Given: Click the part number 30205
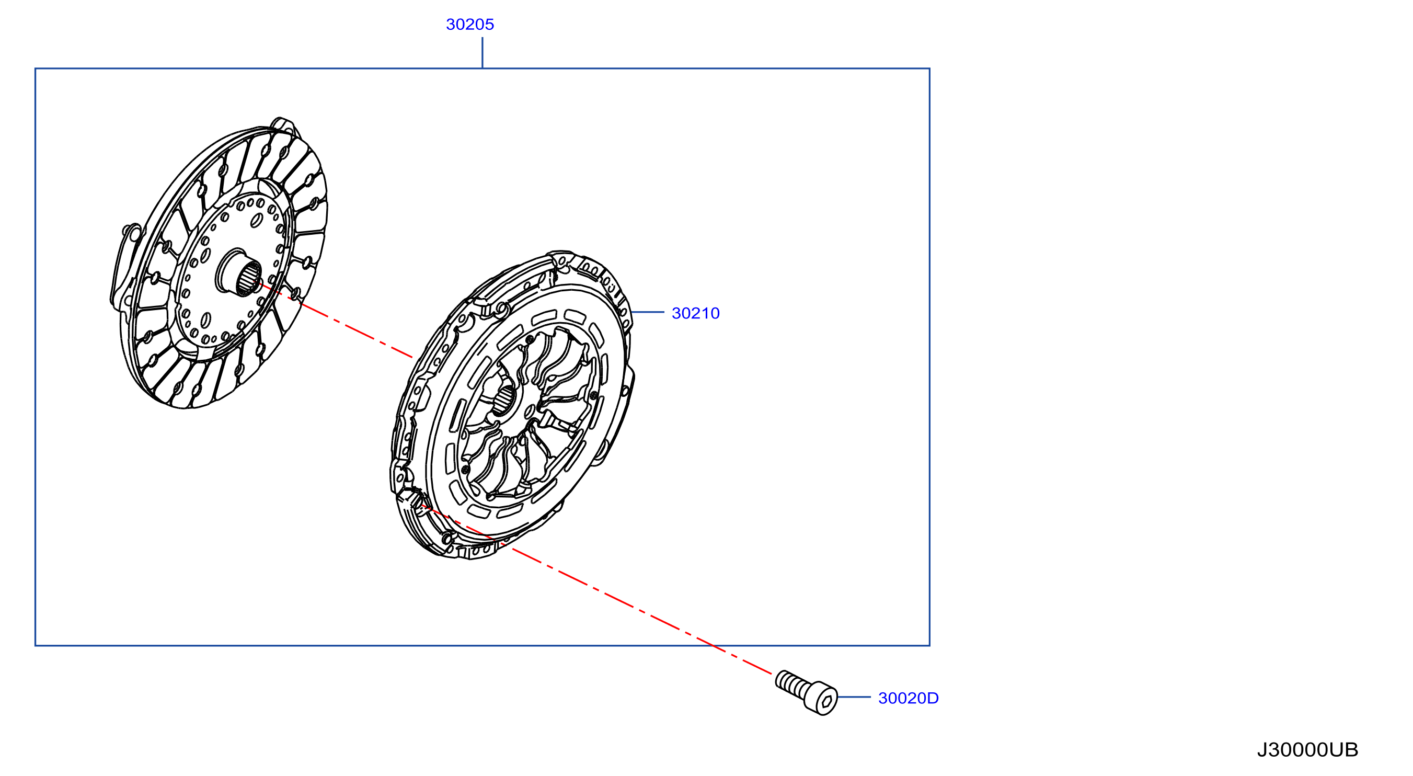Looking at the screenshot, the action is (x=469, y=24).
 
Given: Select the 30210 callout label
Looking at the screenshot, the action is (x=696, y=313).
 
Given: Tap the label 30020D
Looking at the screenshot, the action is (x=909, y=698).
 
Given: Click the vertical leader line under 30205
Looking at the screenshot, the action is (x=482, y=53).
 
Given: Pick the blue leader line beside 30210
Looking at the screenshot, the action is (x=648, y=312).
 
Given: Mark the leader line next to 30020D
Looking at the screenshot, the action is (x=854, y=697).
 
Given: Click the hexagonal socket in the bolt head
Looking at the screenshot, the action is (x=826, y=702).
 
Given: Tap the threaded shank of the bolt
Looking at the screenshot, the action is (x=792, y=684).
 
